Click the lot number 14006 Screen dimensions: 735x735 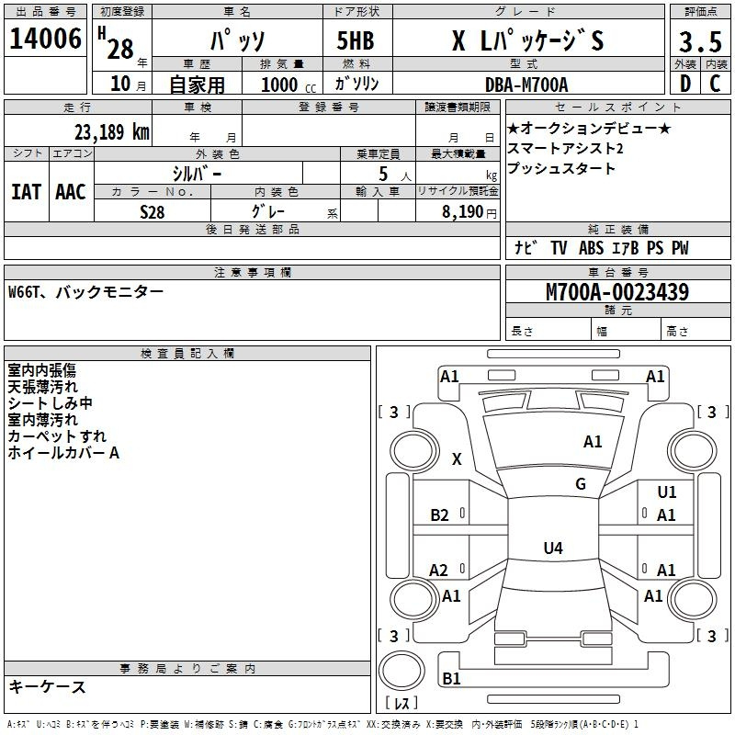click(45, 39)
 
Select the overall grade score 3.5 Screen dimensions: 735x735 click(700, 41)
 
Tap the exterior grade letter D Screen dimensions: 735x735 click(685, 84)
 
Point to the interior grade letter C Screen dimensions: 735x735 click(715, 84)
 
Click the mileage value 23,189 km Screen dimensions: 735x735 click(111, 132)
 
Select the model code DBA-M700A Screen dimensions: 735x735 click(526, 85)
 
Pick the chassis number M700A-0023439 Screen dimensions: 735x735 click(617, 292)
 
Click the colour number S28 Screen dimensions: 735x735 click(152, 212)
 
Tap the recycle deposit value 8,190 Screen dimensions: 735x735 click(463, 212)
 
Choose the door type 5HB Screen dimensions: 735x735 click(356, 40)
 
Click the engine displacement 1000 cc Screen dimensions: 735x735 click(288, 85)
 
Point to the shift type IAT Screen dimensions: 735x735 click(27, 192)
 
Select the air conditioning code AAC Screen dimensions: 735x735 click(71, 192)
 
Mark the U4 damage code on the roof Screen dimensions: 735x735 click(553, 548)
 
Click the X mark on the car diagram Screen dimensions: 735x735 click(457, 458)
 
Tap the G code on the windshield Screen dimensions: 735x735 click(581, 484)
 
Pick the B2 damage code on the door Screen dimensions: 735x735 click(439, 515)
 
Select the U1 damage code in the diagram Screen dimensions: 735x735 click(667, 492)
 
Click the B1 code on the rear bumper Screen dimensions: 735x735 click(451, 678)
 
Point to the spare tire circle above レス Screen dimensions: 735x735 click(401, 671)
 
